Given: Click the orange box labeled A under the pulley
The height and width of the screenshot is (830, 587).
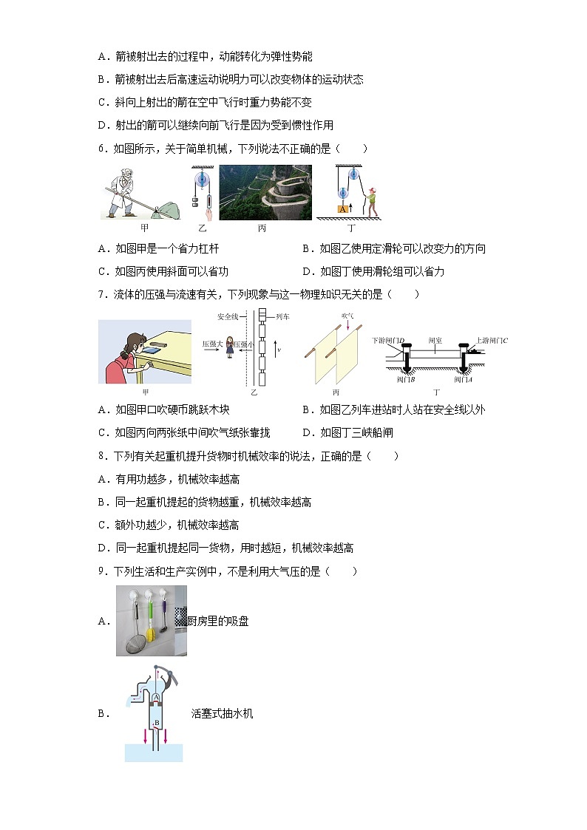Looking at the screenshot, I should coord(342,209).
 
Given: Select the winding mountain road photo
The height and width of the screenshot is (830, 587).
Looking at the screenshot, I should coord(265,192).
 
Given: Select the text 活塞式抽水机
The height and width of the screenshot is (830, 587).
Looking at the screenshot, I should coord(222,714).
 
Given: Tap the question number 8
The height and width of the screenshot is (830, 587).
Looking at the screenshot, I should coord(101,456).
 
